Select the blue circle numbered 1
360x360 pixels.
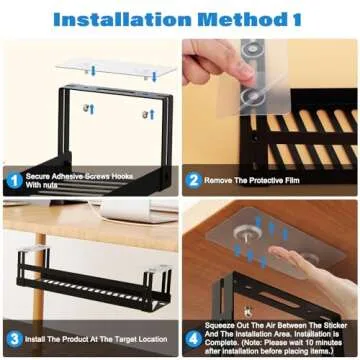click(x=15, y=180)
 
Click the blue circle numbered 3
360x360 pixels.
click(x=15, y=338)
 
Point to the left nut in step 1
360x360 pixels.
click(x=88, y=108)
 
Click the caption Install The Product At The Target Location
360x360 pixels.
click(x=96, y=338)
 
